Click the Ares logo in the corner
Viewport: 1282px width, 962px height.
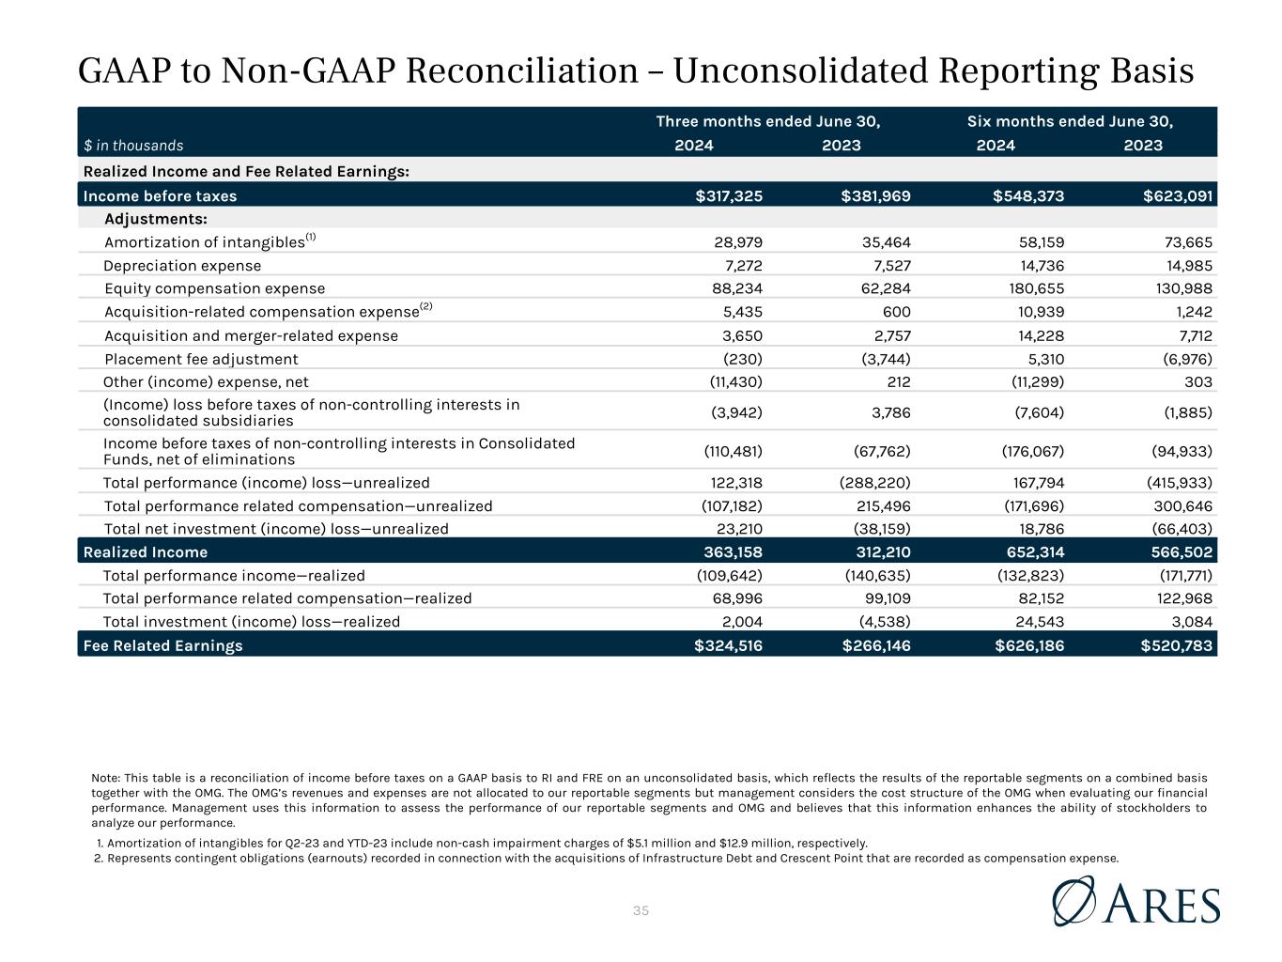(1136, 903)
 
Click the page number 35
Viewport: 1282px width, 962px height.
(641, 910)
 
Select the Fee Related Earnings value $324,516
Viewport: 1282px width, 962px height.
(729, 645)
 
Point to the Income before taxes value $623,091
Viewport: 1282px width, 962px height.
(1177, 196)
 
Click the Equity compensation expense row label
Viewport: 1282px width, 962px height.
(214, 288)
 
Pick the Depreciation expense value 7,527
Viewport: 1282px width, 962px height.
(887, 266)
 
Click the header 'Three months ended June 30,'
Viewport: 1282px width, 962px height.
(768, 121)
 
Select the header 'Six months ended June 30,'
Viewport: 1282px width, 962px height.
(1070, 121)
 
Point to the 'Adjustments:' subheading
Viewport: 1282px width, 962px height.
(156, 219)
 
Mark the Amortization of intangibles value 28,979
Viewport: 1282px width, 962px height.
(738, 242)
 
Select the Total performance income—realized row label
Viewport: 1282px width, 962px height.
(234, 576)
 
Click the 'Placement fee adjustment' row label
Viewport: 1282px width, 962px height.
(201, 359)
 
